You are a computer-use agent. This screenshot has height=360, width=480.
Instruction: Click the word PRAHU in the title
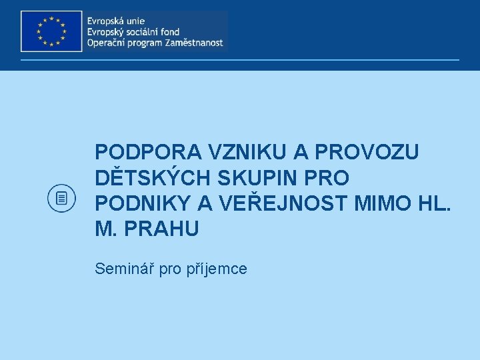click(167, 229)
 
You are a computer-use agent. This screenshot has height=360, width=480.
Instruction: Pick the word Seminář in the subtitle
click(121, 269)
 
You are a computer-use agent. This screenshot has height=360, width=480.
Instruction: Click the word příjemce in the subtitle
click(220, 269)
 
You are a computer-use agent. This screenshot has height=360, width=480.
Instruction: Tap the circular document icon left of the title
click(63, 197)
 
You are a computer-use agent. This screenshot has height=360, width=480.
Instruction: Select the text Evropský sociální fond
click(133, 32)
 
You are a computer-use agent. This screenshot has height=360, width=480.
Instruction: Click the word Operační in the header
click(105, 44)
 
